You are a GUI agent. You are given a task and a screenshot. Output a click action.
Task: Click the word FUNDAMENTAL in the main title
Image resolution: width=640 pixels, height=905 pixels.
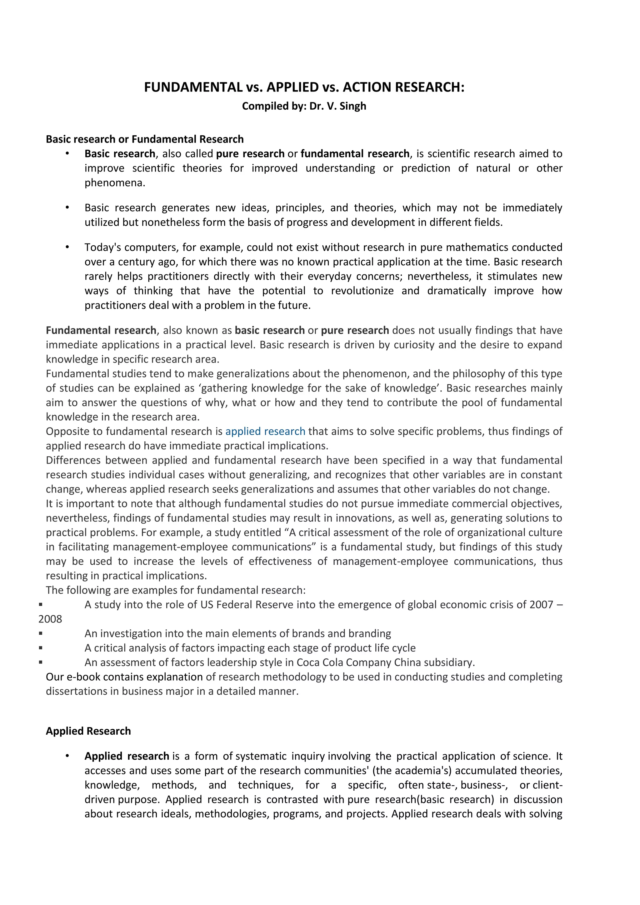point(193,87)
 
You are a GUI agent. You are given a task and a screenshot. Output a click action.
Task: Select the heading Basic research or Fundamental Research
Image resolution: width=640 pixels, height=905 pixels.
point(145,139)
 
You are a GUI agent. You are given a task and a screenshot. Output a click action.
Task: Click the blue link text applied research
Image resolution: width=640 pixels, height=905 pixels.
point(265,431)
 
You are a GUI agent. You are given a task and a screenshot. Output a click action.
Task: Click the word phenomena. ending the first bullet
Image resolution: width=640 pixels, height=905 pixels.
point(115,183)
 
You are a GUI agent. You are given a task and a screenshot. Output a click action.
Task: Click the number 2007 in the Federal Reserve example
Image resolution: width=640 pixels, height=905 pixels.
point(541,605)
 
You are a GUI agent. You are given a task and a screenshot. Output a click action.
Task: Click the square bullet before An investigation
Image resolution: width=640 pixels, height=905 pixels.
point(41,633)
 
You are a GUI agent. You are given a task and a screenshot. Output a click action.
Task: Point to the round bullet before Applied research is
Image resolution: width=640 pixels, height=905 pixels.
point(67,756)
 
